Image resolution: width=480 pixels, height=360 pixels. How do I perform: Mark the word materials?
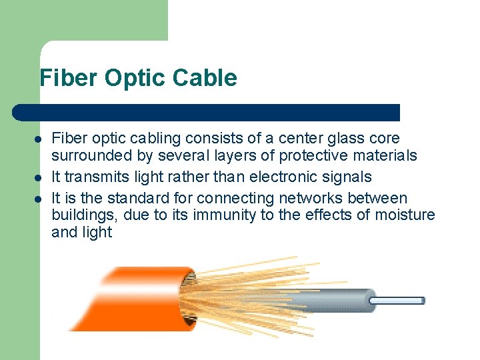click(x=389, y=156)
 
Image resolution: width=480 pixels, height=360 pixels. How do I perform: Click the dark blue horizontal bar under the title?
click(x=207, y=113)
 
